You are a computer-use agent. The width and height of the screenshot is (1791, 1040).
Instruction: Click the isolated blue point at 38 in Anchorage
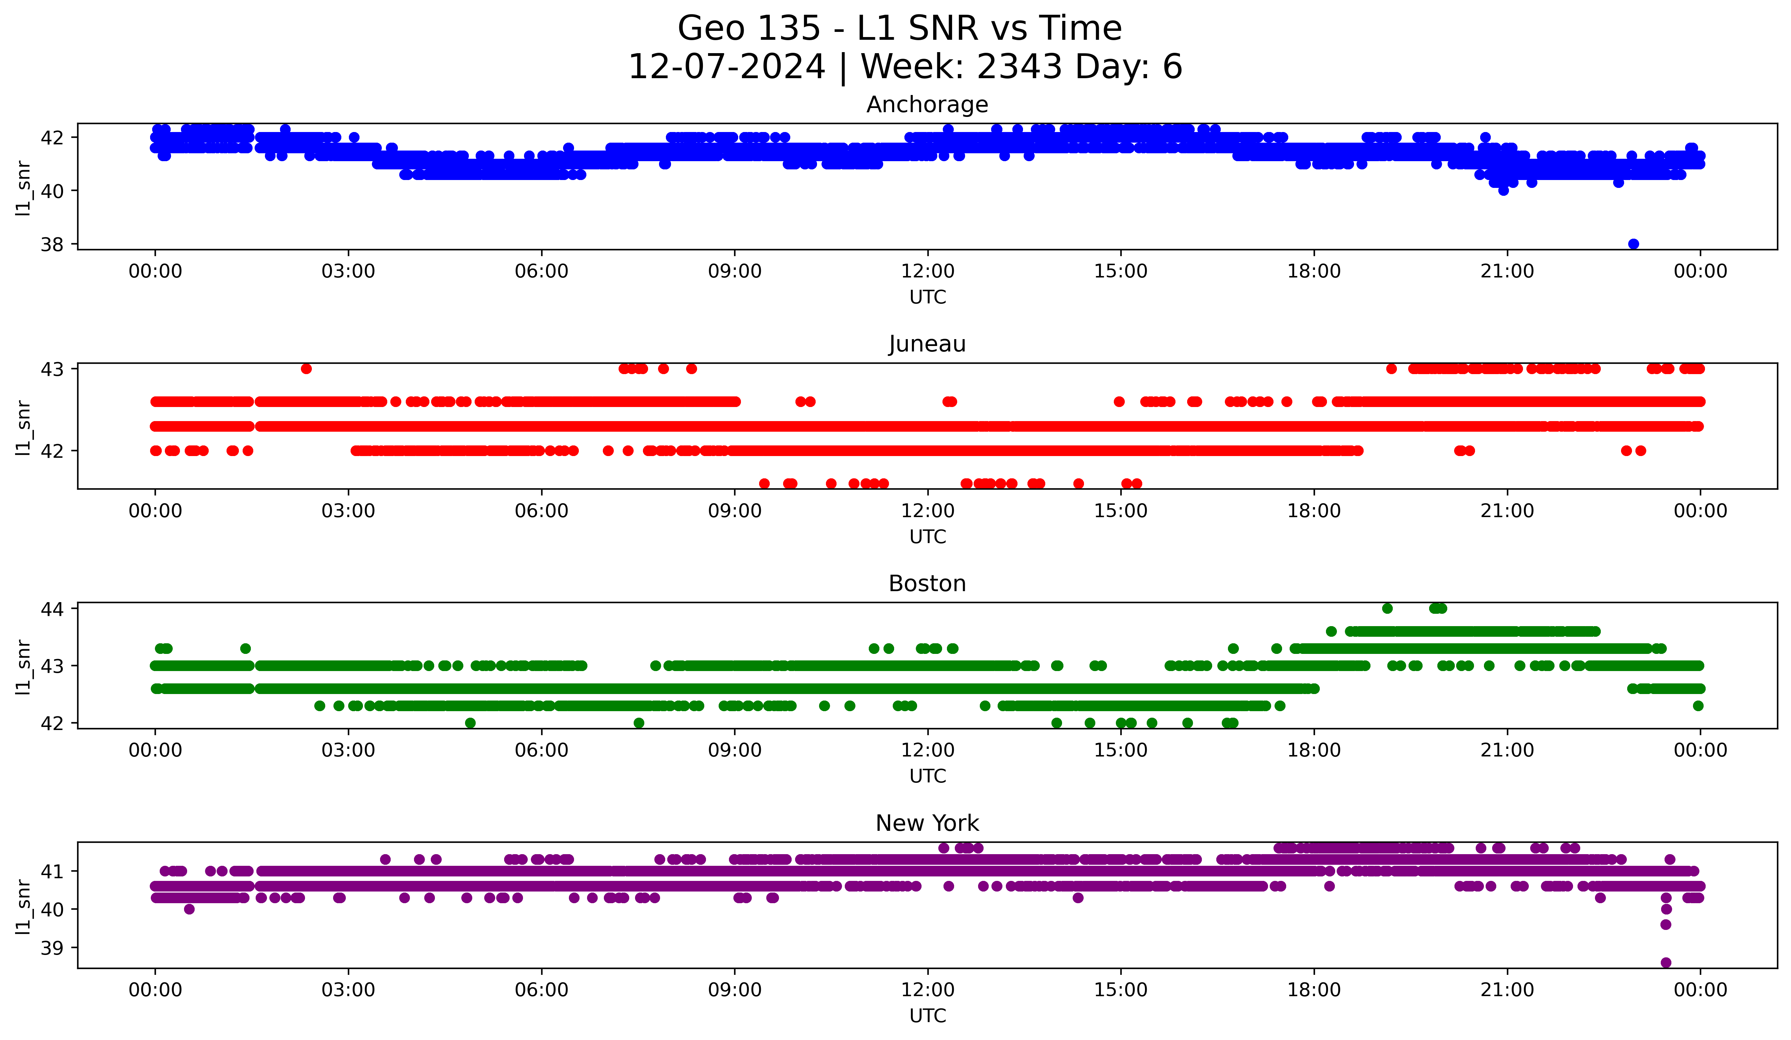pyautogui.click(x=1633, y=244)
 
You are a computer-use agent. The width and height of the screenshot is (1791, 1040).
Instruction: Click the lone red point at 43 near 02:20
pyautogui.click(x=306, y=368)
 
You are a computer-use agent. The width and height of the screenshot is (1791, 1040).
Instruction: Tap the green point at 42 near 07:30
pyautogui.click(x=639, y=723)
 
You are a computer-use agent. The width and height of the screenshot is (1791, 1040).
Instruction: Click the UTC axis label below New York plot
pyautogui.click(x=927, y=1016)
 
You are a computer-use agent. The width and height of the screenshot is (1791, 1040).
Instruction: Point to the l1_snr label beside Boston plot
pyautogui.click(x=23, y=666)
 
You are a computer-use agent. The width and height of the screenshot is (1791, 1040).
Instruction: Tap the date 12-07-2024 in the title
pyautogui.click(x=726, y=67)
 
